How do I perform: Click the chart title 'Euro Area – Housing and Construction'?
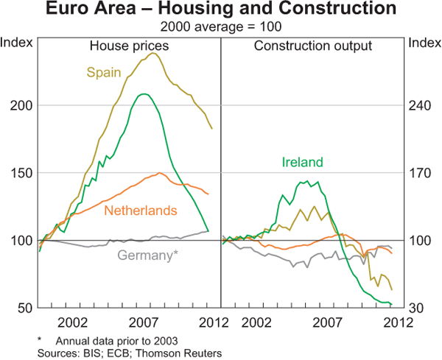pyautogui.click(x=220, y=10)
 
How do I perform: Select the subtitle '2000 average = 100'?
pyautogui.click(x=220, y=27)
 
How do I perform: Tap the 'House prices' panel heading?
pyautogui.click(x=129, y=46)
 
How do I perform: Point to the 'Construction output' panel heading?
pyautogui.click(x=313, y=46)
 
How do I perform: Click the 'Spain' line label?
pyautogui.click(x=102, y=72)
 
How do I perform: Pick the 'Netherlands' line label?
pyautogui.click(x=141, y=211)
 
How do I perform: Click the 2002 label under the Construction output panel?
pyautogui.click(x=257, y=322)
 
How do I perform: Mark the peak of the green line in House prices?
pyautogui.click(x=144, y=93)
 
